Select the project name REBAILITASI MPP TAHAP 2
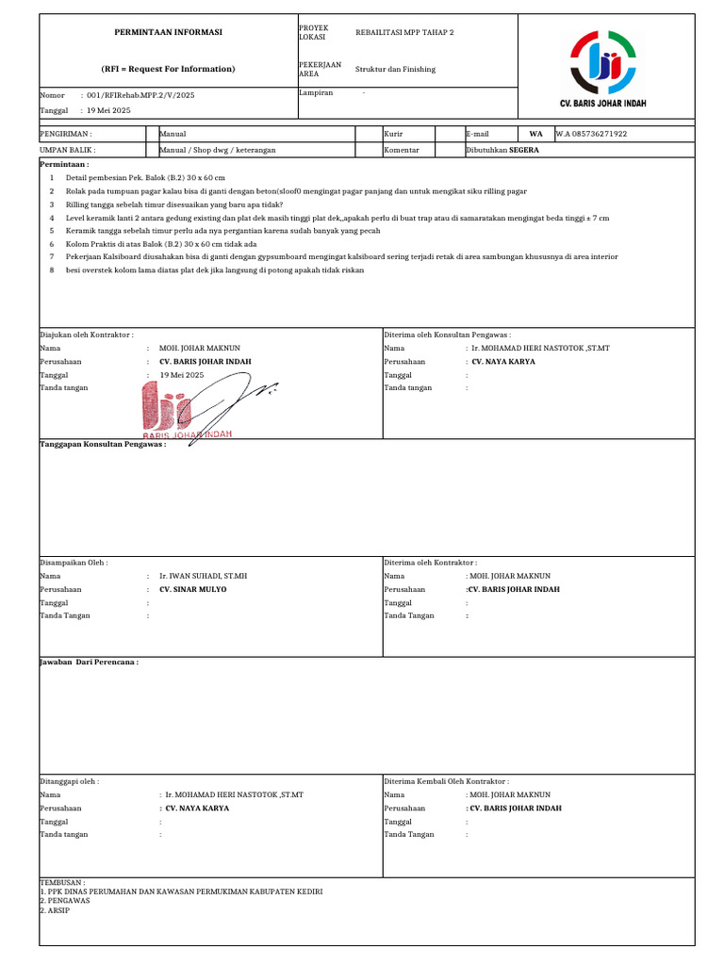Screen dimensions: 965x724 click(x=404, y=32)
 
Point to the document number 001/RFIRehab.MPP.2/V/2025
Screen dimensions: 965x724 click(x=140, y=95)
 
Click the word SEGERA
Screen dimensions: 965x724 click(x=525, y=150)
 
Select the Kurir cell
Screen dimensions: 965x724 click(x=393, y=134)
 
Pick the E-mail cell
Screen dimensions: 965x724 click(x=477, y=134)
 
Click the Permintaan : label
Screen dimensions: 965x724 click(x=64, y=164)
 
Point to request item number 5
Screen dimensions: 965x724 click(x=52, y=230)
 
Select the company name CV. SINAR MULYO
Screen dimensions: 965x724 click(x=193, y=589)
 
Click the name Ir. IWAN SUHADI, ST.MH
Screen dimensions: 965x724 click(x=203, y=576)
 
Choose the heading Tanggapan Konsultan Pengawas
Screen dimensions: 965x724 click(x=103, y=444)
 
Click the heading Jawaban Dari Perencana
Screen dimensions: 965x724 click(x=90, y=662)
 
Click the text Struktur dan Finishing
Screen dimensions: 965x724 click(x=395, y=70)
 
